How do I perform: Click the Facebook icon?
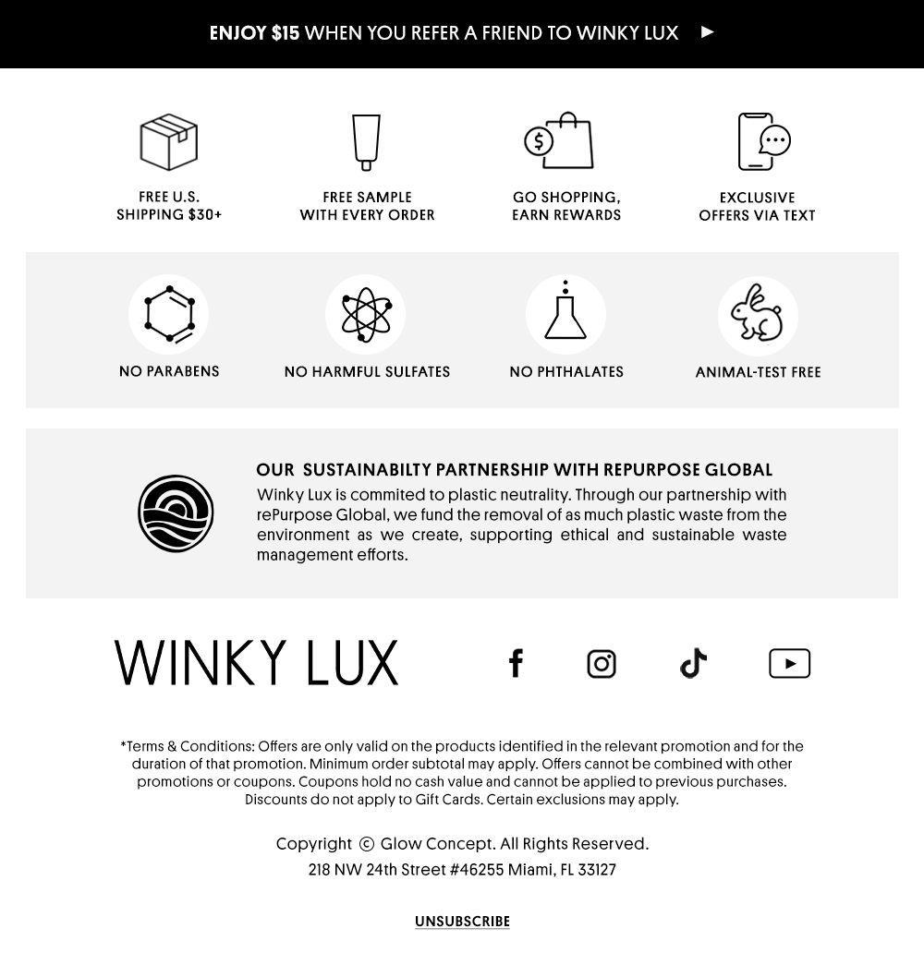[x=516, y=663]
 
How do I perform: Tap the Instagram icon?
[x=602, y=664]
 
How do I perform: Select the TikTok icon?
[x=693, y=663]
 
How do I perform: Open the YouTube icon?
[x=789, y=663]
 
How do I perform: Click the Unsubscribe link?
[x=462, y=922]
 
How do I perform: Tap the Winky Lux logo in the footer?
[x=256, y=663]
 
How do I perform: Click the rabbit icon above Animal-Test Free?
[x=758, y=315]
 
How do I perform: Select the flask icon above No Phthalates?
[x=565, y=313]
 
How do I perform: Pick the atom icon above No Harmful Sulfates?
[x=365, y=314]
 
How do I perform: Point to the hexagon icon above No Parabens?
[x=169, y=314]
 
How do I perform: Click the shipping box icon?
[x=169, y=142]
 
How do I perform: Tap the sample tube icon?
[x=366, y=142]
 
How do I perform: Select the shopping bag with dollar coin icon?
[x=560, y=141]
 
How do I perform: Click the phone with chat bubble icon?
[x=763, y=141]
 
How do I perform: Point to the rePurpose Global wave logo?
[x=176, y=513]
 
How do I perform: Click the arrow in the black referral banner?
[x=708, y=32]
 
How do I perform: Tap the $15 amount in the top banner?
[x=286, y=33]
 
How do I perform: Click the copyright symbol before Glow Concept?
[x=367, y=844]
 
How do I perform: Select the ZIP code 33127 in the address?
[x=597, y=870]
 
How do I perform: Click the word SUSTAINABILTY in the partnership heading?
[x=367, y=471]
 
